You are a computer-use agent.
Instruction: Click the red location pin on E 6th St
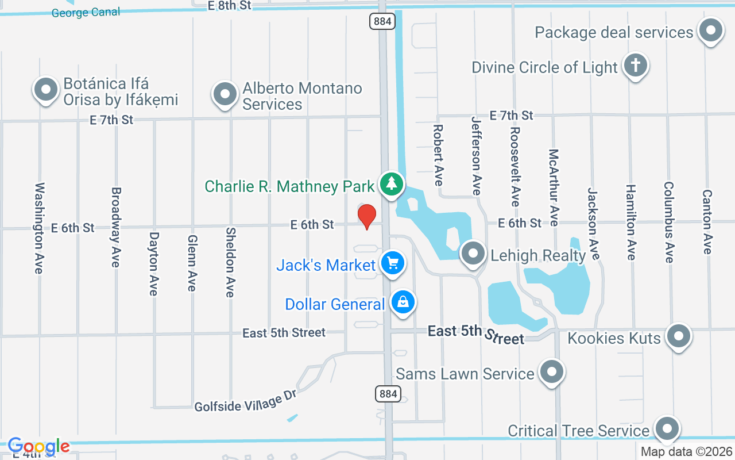tap(367, 216)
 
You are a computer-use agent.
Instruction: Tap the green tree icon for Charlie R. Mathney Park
tap(392, 184)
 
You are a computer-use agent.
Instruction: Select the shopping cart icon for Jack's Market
tap(393, 264)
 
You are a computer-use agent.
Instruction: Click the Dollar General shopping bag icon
tap(403, 302)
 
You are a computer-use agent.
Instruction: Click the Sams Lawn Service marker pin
tap(552, 371)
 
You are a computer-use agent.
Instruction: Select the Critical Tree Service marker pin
tap(667, 428)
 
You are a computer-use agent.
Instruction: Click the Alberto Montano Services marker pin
tap(225, 93)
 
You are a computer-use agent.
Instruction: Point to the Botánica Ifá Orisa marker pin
tap(46, 90)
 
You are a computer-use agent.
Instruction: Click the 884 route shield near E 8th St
tap(381, 21)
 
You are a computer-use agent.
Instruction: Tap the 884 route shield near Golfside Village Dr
tap(388, 394)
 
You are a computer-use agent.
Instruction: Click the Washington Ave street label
tap(40, 228)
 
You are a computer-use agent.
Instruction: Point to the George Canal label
tap(86, 12)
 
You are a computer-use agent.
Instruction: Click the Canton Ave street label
tap(707, 222)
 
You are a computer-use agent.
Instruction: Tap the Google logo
tap(38, 446)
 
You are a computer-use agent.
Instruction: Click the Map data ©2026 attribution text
tap(687, 452)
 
